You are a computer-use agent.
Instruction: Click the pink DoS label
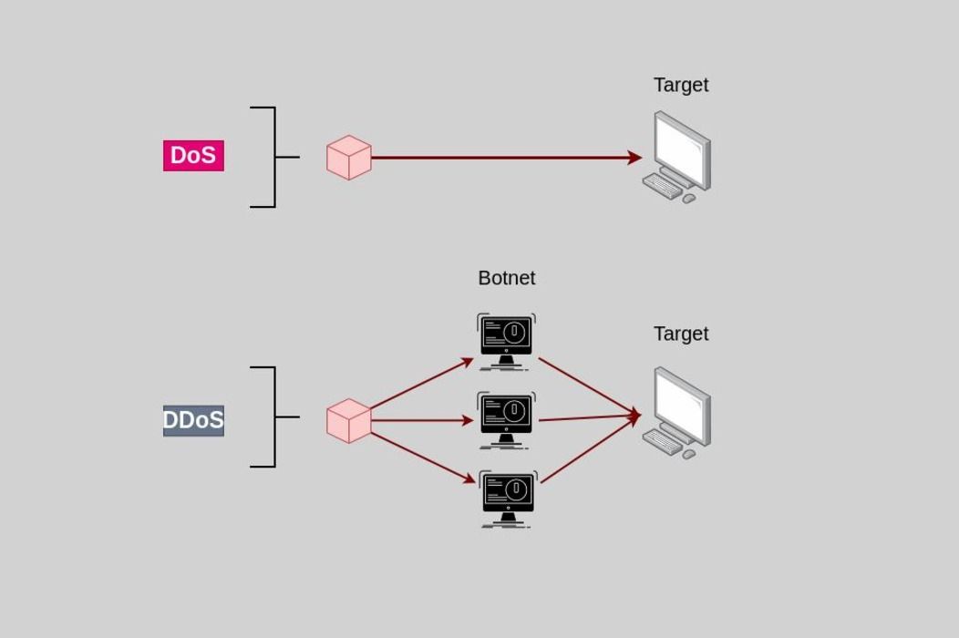[x=193, y=156]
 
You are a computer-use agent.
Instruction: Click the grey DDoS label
[x=193, y=420]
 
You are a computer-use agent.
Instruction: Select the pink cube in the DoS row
[x=349, y=158]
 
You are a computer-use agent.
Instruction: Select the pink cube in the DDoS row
[x=349, y=421]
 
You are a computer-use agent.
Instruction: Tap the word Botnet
[x=506, y=278]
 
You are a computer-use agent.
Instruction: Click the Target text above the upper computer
[x=681, y=85]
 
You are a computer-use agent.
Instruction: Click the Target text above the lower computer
[x=681, y=334]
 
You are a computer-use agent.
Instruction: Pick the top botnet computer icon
[x=506, y=341]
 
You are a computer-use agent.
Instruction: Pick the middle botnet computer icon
[x=506, y=420]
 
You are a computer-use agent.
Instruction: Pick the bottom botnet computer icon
[x=508, y=499]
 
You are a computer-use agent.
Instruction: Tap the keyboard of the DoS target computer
[x=662, y=186]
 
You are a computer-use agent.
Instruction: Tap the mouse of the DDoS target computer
[x=689, y=454]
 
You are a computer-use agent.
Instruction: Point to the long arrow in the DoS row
[x=501, y=158]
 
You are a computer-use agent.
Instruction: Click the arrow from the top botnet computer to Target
[x=588, y=386]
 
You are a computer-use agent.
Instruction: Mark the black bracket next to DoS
[x=273, y=157]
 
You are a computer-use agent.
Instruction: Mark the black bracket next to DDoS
[x=273, y=417]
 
